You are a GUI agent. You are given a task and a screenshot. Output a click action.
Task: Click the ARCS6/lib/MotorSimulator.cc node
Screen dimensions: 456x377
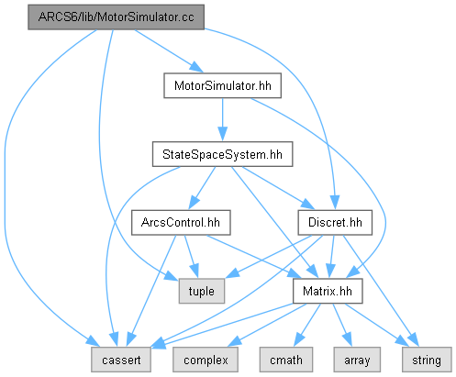pyautogui.click(x=116, y=17)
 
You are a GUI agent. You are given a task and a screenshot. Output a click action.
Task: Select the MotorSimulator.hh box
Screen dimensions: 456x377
pyautogui.click(x=222, y=85)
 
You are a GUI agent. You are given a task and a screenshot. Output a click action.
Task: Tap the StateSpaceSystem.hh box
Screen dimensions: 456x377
pyautogui.click(x=222, y=154)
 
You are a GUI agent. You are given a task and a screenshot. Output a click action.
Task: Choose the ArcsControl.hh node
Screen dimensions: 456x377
pyautogui.click(x=181, y=223)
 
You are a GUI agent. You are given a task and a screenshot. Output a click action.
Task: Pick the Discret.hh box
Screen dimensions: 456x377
pyautogui.click(x=335, y=223)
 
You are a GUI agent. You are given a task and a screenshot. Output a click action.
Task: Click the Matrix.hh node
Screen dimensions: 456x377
pyautogui.click(x=328, y=291)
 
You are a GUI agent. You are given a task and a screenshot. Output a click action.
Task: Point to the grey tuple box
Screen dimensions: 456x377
pyautogui.click(x=202, y=291)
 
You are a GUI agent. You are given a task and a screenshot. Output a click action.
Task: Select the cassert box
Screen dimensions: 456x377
pyautogui.click(x=121, y=360)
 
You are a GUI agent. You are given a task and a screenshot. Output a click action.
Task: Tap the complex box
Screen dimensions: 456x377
pyautogui.click(x=206, y=360)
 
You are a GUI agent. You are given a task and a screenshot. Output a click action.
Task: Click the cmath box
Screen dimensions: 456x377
pyautogui.click(x=286, y=360)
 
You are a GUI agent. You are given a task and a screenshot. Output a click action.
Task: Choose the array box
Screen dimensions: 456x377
pyautogui.click(x=357, y=360)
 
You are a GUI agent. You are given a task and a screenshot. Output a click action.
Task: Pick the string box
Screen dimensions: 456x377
pyautogui.click(x=427, y=360)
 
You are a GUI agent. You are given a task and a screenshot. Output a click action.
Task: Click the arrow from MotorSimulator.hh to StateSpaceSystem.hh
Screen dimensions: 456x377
pyautogui.click(x=222, y=119)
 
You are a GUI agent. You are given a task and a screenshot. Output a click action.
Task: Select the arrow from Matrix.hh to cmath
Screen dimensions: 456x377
pyautogui.click(x=307, y=325)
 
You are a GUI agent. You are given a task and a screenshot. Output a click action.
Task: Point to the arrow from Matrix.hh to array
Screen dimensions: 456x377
pyautogui.click(x=342, y=325)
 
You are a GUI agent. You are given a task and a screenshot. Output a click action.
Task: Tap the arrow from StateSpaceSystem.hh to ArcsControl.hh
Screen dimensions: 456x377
pyautogui.click(x=202, y=188)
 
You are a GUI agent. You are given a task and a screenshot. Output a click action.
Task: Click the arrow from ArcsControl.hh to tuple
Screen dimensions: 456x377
pyautogui.click(x=192, y=257)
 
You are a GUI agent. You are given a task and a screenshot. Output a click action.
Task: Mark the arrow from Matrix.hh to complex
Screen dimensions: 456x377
pyautogui.click(x=267, y=326)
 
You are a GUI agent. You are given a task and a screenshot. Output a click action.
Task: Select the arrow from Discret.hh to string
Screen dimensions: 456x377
pyautogui.click(x=381, y=291)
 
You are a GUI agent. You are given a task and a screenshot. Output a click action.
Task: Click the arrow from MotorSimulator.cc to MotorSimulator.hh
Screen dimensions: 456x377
pyautogui.click(x=169, y=51)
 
